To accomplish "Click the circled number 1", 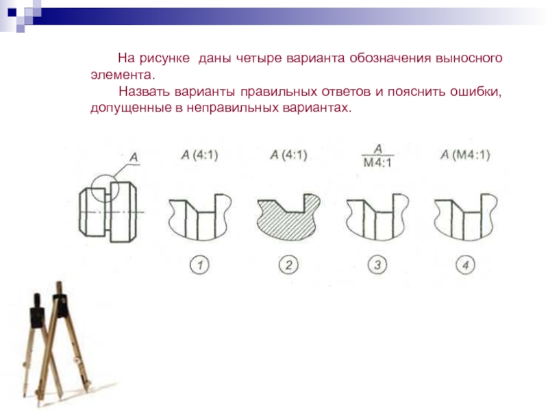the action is [x=199, y=264].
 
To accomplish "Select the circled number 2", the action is [x=288, y=264].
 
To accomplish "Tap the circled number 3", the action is [x=377, y=264].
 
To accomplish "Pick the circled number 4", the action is [x=466, y=264].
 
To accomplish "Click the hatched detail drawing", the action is [x=288, y=216].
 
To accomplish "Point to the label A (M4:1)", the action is [x=465, y=155].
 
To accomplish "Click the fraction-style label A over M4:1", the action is [x=378, y=156].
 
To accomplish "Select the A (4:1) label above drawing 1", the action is [x=200, y=155].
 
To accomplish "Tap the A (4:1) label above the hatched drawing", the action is [x=288, y=155].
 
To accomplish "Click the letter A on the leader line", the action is [x=134, y=158].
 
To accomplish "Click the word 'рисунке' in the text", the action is [x=164, y=58].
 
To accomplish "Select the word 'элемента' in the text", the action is [x=121, y=75].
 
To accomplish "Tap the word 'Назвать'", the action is [x=144, y=92].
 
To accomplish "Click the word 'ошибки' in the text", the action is [x=475, y=92].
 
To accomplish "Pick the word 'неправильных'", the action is [x=232, y=108].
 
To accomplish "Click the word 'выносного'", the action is [x=469, y=58].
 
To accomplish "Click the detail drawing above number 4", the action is [x=466, y=216].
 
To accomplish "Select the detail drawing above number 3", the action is [x=377, y=216].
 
